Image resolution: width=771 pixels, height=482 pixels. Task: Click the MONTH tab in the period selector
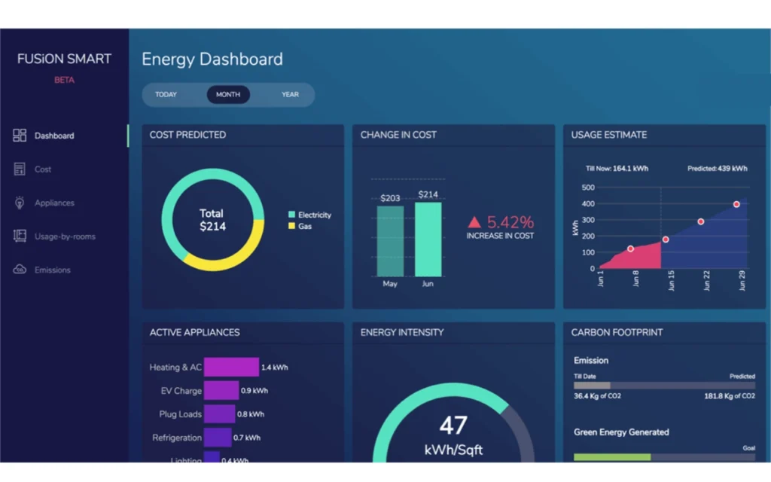pos(228,95)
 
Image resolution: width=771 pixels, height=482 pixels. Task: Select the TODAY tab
pos(166,95)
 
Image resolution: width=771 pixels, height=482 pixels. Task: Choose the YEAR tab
pos(290,95)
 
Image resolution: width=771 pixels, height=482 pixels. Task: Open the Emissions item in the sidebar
pos(52,270)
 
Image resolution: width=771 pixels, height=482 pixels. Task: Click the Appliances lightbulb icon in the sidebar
pos(20,203)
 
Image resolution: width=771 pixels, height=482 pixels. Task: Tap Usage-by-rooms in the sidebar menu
pos(65,236)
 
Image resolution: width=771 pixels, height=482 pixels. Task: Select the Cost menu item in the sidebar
pos(43,169)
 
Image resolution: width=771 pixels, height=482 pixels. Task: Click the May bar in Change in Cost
pos(390,241)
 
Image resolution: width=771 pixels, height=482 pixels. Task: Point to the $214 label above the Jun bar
pos(428,195)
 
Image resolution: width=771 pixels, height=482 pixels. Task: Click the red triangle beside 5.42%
pos(474,222)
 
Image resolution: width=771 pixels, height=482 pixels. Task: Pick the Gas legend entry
pos(304,226)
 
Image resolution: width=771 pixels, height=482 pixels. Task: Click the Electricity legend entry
pos(314,215)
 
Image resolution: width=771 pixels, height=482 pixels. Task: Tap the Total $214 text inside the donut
pos(212,220)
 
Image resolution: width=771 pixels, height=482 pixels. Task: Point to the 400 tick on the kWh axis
pos(587,203)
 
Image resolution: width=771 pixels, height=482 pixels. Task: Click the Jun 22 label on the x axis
pos(706,280)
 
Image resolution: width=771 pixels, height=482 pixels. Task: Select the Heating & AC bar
pos(231,368)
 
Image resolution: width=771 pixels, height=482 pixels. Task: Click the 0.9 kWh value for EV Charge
pos(254,391)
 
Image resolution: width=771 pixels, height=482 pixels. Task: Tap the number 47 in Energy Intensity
pos(453,426)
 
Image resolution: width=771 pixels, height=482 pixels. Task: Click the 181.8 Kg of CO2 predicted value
pos(729,396)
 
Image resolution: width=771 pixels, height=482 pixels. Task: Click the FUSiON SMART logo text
pos(64,59)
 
